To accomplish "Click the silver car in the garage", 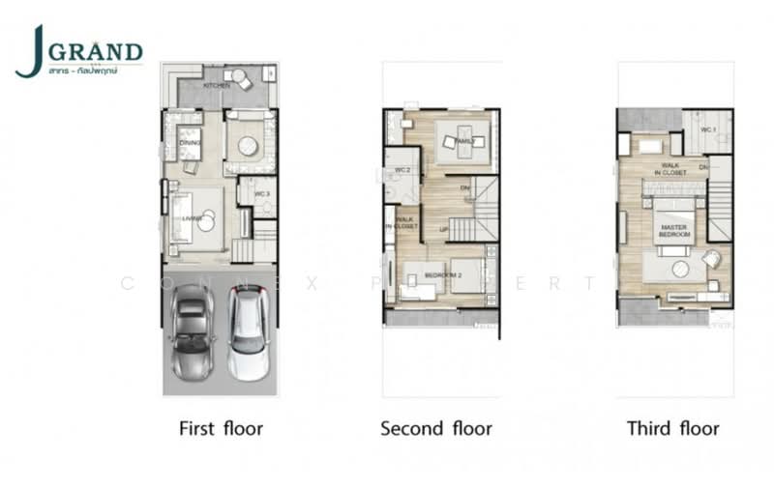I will point(193,330).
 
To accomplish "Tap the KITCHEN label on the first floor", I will point(218,86).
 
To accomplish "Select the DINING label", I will point(190,144).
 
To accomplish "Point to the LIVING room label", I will point(193,219).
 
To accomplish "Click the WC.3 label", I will point(261,194).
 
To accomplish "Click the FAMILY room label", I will point(464,142).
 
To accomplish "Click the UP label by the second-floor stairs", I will point(444,230).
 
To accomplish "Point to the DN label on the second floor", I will point(464,187).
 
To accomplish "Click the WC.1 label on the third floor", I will point(707,129).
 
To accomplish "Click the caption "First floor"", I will point(222,427).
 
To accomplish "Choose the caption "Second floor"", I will point(436,427).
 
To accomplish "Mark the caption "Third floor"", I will point(673,427).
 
